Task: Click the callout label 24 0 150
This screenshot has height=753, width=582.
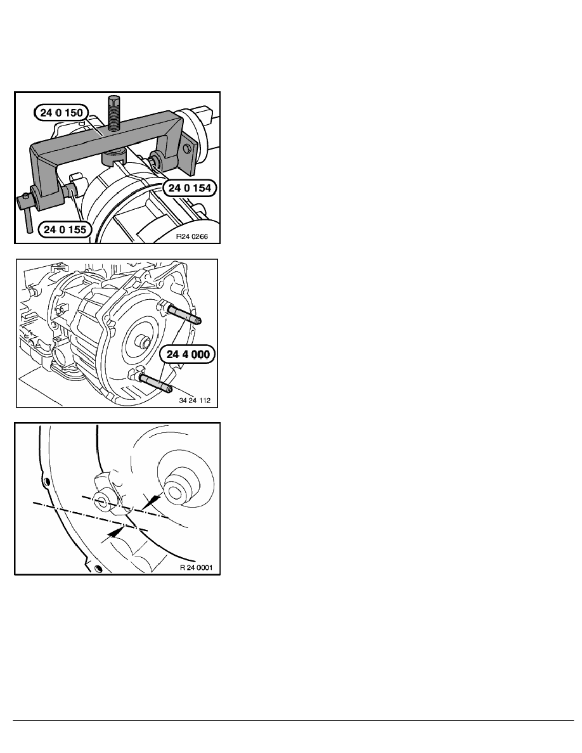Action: [x=61, y=113]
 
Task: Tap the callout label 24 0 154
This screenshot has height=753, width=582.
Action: [x=190, y=188]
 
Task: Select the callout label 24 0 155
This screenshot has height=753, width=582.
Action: [x=65, y=229]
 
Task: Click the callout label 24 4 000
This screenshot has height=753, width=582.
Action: [x=188, y=354]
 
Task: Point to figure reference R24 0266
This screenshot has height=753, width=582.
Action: [x=191, y=237]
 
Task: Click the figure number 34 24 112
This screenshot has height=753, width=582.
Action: [x=195, y=401]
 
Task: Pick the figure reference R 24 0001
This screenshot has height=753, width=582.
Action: [x=196, y=567]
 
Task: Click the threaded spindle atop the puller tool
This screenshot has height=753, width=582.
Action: [x=114, y=113]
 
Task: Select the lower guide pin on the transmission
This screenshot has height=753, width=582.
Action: [x=155, y=383]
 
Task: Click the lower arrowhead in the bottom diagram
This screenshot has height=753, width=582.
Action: [x=115, y=531]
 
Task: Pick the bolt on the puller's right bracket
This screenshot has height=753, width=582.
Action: [x=188, y=150]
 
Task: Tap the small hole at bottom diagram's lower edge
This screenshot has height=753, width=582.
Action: [x=98, y=569]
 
